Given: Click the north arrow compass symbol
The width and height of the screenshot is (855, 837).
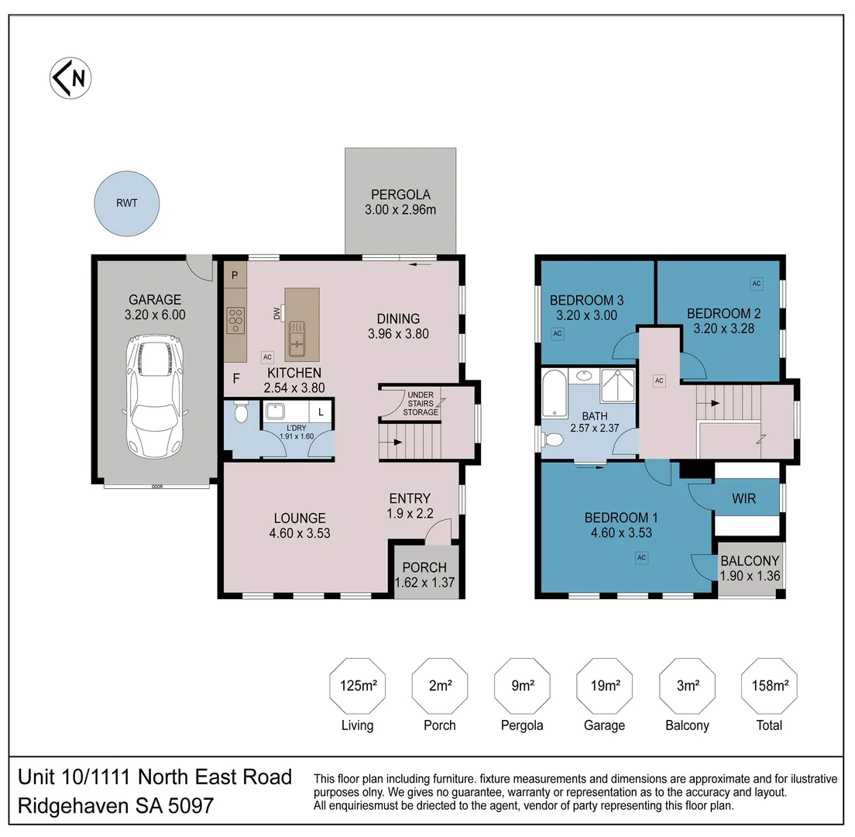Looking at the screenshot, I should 70,78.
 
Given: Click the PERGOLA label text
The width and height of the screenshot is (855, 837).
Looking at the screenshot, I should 400,195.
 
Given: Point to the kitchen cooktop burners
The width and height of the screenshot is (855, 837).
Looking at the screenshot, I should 236,320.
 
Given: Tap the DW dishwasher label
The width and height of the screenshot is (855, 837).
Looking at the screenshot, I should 276,313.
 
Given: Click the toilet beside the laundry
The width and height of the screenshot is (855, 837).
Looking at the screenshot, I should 240,412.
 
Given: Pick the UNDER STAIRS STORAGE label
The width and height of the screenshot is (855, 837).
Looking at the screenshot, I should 421,403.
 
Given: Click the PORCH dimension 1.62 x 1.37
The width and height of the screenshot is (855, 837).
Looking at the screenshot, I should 424,583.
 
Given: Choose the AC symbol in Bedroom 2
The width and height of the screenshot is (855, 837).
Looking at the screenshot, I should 756,284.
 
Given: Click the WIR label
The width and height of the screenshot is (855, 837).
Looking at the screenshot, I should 743,499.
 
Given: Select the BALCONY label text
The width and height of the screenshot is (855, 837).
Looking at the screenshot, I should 749,561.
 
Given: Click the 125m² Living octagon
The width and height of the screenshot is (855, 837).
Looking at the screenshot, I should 357,685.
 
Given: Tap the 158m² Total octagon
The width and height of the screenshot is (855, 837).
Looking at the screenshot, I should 769,685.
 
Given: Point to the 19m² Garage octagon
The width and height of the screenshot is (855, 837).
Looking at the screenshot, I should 604,685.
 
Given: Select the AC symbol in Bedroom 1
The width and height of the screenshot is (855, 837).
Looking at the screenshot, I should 641,556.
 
